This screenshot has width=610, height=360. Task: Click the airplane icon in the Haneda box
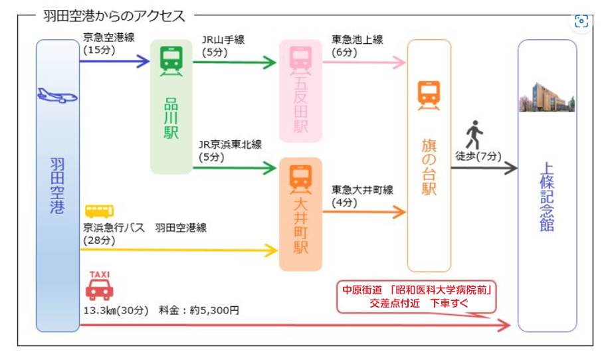pos(58,96)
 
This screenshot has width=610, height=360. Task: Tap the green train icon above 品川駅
pos(171,60)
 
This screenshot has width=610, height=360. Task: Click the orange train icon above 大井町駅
pos(300,177)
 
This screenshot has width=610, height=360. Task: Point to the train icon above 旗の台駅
pos(429,96)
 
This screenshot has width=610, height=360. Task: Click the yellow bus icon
pos(98,212)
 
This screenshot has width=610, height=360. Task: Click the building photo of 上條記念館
pos(546,97)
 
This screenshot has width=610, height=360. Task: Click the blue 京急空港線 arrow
pos(114,62)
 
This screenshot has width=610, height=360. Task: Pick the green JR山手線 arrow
pos(234,63)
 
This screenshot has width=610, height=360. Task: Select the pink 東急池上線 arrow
pos(363,63)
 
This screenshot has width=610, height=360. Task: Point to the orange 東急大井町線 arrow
pos(363,213)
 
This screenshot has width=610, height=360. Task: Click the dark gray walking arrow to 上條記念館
pos(483,168)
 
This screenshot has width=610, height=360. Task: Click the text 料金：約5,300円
pos(199,310)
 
